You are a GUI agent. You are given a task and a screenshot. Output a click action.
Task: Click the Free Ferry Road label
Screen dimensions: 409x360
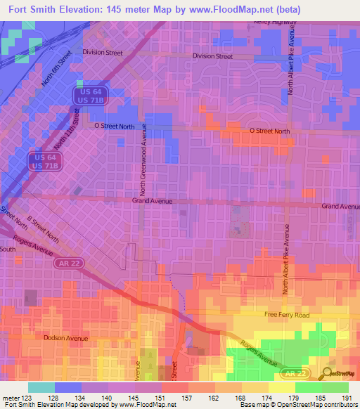(286, 316)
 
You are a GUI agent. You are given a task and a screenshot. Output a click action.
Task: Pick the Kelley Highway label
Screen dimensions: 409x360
(276, 22)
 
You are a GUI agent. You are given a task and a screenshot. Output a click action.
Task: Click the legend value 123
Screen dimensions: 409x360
(28, 397)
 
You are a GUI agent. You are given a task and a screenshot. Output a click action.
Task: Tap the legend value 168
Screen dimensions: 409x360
(242, 397)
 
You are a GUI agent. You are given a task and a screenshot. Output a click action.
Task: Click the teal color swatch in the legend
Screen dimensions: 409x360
(41, 387)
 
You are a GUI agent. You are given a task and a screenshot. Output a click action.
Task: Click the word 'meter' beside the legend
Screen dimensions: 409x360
(11, 397)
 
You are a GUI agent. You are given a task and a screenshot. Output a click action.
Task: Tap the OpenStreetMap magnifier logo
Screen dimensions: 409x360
(328, 372)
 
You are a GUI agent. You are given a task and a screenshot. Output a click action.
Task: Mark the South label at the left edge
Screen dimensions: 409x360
(8, 249)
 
